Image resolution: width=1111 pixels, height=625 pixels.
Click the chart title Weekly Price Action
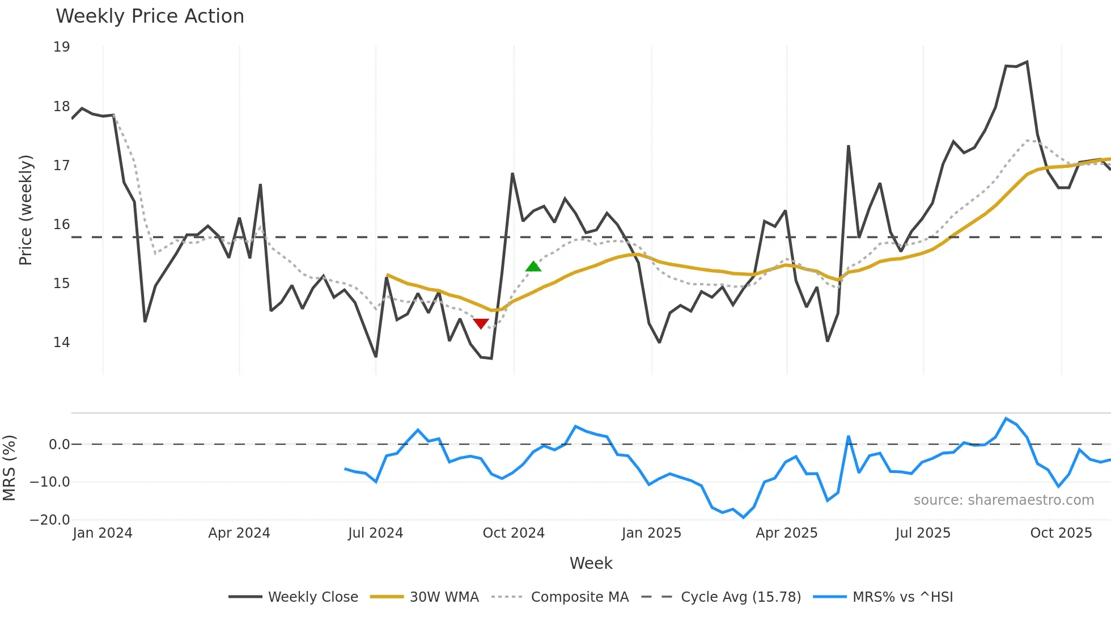click(150, 16)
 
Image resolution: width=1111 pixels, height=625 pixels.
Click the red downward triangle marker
click(481, 323)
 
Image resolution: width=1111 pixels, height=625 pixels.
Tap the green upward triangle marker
click(533, 267)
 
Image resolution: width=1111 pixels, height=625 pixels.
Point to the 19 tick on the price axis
click(62, 47)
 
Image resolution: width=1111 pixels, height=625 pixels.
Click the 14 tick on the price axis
click(62, 342)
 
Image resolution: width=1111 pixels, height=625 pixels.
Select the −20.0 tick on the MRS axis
click(50, 520)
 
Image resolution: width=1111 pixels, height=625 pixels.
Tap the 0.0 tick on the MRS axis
click(59, 445)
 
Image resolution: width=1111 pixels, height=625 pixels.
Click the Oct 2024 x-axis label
click(514, 533)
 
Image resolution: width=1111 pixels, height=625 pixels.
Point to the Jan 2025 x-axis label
click(651, 533)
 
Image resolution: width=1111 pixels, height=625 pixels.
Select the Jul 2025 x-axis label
click(923, 533)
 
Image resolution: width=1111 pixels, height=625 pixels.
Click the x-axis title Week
click(591, 563)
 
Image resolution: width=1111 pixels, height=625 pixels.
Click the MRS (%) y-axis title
click(9, 468)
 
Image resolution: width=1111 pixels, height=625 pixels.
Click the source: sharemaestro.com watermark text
click(1003, 500)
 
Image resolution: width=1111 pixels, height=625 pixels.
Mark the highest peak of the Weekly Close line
click(1027, 62)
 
